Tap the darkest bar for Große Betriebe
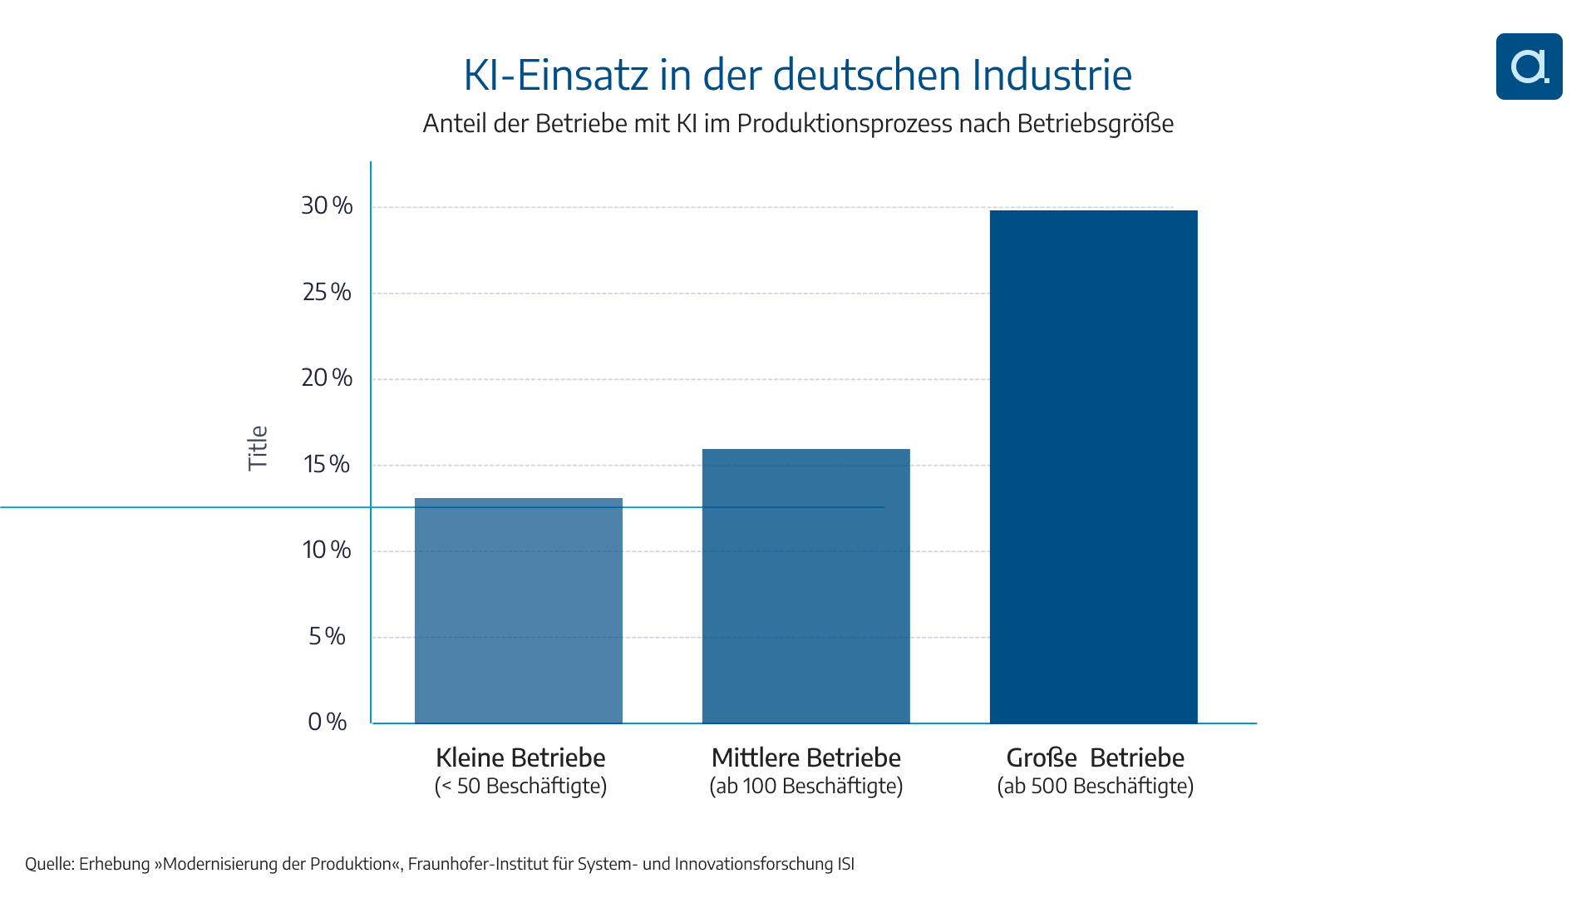(1093, 466)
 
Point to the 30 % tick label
(327, 206)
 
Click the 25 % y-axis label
(327, 293)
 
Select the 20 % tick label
(327, 378)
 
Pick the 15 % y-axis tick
(327, 464)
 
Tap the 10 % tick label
(327, 550)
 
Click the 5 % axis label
(327, 637)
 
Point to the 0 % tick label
(327, 722)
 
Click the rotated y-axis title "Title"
(259, 448)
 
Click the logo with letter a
(1529, 67)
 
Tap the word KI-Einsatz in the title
(555, 75)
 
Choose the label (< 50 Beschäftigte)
(520, 787)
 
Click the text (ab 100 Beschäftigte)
(805, 787)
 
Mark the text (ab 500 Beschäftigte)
(1095, 787)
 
